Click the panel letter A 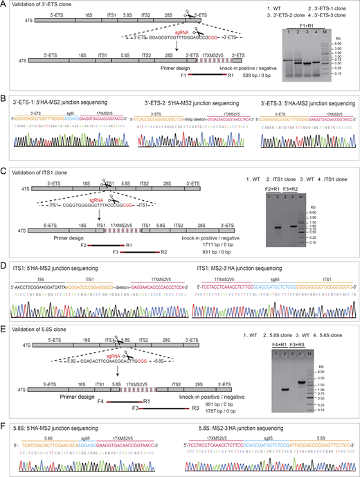point(3,4)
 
